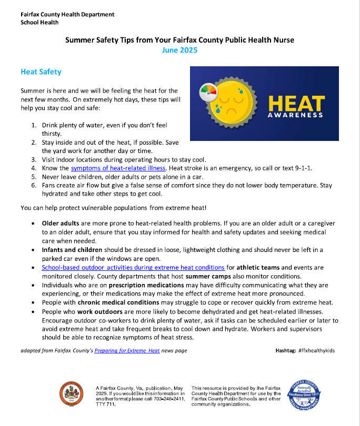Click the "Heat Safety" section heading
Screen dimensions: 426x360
[42, 72]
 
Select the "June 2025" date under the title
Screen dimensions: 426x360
[179, 50]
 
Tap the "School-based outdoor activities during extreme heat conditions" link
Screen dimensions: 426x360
[133, 268]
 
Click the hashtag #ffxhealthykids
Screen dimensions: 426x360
[316, 350]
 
